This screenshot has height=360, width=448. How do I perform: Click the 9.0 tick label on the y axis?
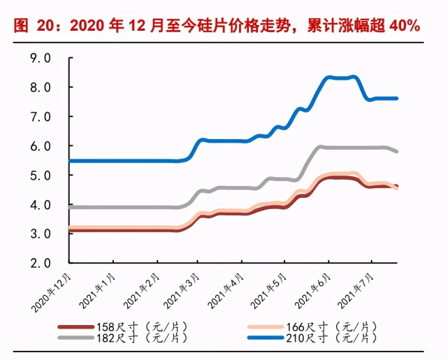[41, 58]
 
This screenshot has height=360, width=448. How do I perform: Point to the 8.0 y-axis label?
[41, 87]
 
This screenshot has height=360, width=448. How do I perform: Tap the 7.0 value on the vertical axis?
[41, 117]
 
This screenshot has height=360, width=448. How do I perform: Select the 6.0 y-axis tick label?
[41, 146]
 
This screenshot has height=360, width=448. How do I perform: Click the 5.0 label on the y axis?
[41, 175]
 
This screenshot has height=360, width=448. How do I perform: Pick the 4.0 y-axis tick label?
[41, 205]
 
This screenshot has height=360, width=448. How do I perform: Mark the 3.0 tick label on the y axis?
[41, 234]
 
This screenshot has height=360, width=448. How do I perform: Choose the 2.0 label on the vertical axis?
[41, 263]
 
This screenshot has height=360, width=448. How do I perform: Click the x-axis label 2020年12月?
[51, 293]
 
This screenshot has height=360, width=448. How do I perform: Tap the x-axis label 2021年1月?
[97, 291]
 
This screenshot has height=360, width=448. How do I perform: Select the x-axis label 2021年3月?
[181, 291]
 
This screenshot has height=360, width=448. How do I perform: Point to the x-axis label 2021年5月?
[268, 291]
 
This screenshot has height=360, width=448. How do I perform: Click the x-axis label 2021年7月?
[355, 291]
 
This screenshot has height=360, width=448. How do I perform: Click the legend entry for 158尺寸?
[123, 326]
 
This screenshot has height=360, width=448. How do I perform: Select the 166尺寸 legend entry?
[312, 326]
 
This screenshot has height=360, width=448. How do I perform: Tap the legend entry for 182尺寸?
[123, 338]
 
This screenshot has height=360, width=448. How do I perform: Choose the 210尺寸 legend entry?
[312, 338]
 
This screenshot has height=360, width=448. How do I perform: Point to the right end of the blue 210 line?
[396, 99]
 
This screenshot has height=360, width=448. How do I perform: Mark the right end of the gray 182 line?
[396, 152]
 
